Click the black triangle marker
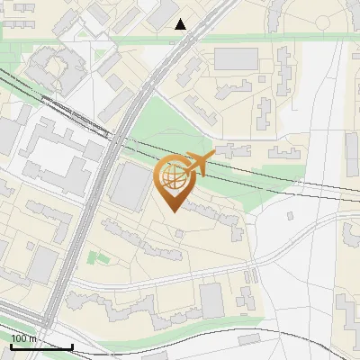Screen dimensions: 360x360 point(181,24)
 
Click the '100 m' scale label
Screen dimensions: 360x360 point(23,338)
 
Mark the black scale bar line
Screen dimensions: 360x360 point(40,346)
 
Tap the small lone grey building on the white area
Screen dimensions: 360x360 point(290,216)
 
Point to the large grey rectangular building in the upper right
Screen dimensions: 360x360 point(236,58)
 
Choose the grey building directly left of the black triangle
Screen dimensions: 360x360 point(164,12)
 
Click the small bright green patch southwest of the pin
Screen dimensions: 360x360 point(96,258)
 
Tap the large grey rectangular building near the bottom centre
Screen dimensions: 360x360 point(212,300)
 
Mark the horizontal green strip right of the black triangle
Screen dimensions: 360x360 point(270,39)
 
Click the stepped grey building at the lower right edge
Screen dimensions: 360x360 point(347,310)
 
